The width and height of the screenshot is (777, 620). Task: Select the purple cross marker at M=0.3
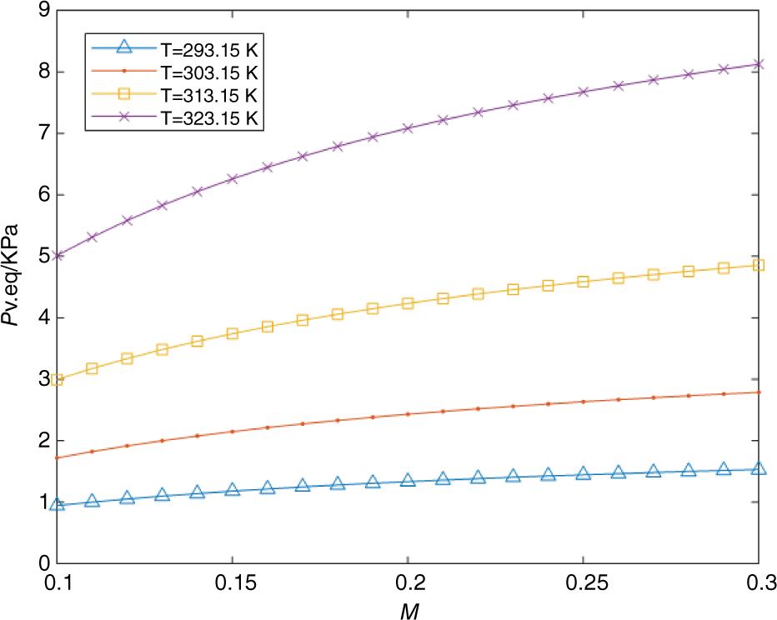tap(758, 64)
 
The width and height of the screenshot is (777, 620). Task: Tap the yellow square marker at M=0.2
tap(408, 303)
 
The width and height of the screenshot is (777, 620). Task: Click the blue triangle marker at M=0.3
tap(758, 469)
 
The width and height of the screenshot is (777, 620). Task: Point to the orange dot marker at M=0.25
tap(583, 402)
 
